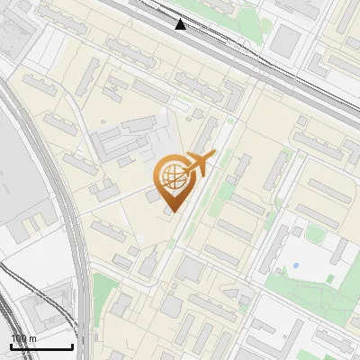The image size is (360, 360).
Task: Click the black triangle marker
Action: pyautogui.click(x=181, y=24)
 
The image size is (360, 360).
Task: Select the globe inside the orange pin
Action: pyautogui.click(x=171, y=176)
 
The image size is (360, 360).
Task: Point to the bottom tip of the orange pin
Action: pyautogui.click(x=171, y=212)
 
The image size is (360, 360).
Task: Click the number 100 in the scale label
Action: pyautogui.click(x=19, y=338)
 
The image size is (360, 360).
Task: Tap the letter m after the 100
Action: pyautogui.click(x=33, y=338)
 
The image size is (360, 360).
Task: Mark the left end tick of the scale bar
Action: pyautogui.click(x=10, y=346)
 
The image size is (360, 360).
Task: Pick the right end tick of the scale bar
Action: pyautogui.click(x=73, y=346)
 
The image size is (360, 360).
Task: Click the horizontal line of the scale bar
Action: pyautogui.click(x=41, y=347)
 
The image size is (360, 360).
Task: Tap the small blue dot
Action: pyautogui.click(x=294, y=265)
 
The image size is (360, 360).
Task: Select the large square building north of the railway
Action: pyautogui.click(x=286, y=40)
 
